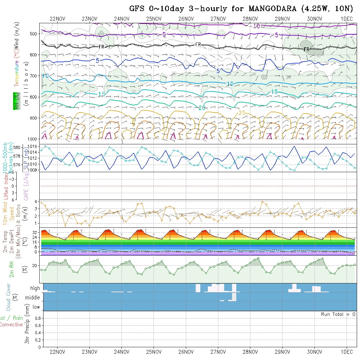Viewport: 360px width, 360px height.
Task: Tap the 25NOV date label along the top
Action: pos(153,19)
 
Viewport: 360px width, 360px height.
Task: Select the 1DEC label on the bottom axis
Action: pos(347,352)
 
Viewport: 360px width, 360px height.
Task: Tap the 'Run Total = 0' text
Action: pos(338,314)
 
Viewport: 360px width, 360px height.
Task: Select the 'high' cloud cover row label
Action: pos(35,288)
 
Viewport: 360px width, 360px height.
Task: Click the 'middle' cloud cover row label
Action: pos(32,297)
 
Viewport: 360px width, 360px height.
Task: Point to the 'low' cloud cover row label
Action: pos(36,307)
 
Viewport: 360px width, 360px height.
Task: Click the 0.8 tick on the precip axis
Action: pos(37,318)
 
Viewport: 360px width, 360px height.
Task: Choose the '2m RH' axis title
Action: pos(12,269)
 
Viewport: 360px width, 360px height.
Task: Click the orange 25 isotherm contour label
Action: pos(242,113)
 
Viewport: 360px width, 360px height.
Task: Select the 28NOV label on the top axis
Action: pos(250,19)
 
